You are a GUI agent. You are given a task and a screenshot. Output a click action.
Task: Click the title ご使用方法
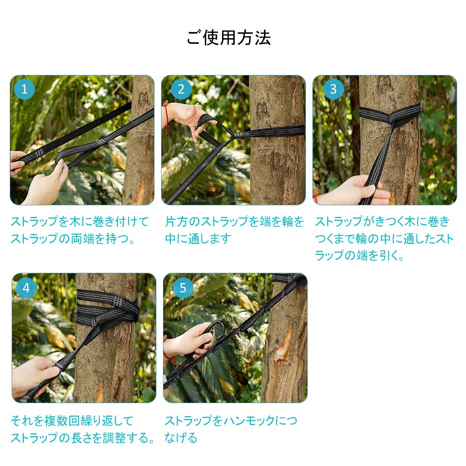pos(229,38)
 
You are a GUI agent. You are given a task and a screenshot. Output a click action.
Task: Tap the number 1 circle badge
pos(24,89)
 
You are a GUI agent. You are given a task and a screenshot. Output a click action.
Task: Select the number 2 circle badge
pos(181,89)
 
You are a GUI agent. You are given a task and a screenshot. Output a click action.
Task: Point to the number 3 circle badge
pos(333,89)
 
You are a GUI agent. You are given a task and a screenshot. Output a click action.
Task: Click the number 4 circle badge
pos(26,288)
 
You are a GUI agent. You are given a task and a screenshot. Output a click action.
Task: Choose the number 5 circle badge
pos(183,288)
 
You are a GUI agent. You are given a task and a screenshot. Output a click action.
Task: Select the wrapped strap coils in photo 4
pos(107,309)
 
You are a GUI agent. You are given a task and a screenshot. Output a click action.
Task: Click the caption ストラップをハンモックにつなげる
pos(230,429)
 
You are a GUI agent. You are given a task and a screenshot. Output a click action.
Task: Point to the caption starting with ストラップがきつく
pos(384,238)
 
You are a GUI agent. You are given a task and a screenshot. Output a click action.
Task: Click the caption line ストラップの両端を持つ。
pos(73,239)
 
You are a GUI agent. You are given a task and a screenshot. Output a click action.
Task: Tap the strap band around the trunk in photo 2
pos(275,131)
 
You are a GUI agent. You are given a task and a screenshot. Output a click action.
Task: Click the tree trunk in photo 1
pos(140,140)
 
